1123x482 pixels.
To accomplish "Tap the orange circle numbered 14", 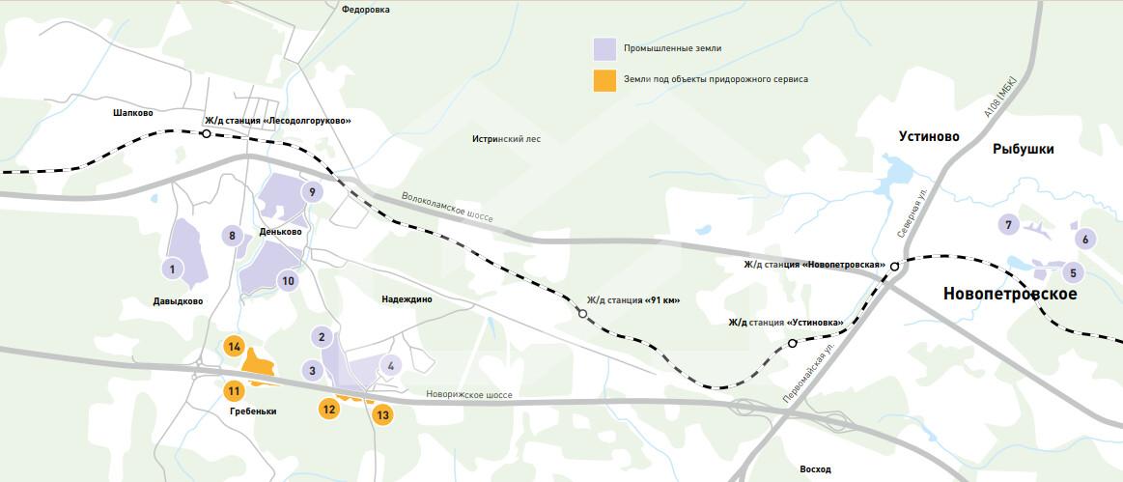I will (x=233, y=346).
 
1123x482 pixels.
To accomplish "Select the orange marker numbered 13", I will (x=383, y=414).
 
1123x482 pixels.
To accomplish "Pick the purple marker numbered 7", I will (x=1008, y=225).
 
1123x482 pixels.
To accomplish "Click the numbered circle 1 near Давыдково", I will (x=172, y=269).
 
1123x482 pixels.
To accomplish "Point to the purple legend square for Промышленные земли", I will (x=605, y=48).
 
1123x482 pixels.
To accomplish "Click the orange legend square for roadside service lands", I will (x=605, y=79).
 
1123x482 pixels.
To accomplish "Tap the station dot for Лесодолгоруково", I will (x=206, y=134).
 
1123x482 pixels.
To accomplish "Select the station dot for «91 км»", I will (x=582, y=314).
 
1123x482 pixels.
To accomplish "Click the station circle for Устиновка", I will (x=792, y=343).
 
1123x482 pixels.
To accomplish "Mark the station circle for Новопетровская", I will (x=895, y=266).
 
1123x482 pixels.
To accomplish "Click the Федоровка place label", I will (x=366, y=10).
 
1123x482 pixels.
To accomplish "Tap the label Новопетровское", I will (x=1009, y=294).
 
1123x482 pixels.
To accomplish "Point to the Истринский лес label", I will (x=506, y=139).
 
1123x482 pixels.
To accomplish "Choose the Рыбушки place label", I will (x=1023, y=149).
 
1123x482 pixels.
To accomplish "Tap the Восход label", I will (x=815, y=469).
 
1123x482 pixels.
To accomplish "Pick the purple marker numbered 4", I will (x=390, y=365).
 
